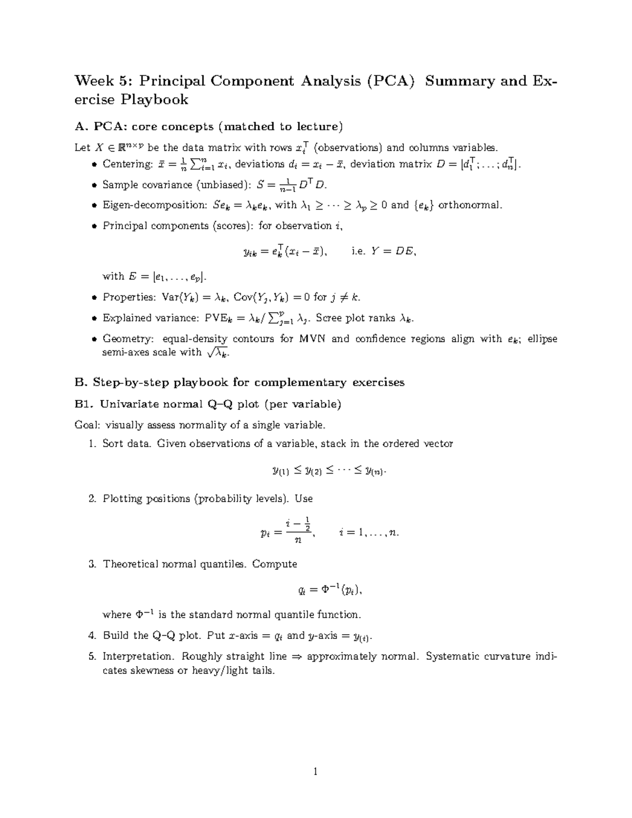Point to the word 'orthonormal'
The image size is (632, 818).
point(470,205)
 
